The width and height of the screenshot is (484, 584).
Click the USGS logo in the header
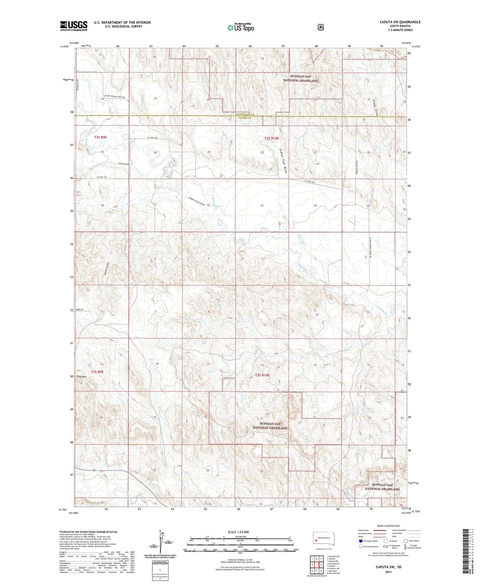[x=73, y=25]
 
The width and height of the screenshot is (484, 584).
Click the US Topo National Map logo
[x=240, y=27]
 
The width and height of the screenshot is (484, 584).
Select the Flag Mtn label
[x=81, y=377]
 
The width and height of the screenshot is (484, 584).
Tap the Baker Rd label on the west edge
[x=79, y=310]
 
